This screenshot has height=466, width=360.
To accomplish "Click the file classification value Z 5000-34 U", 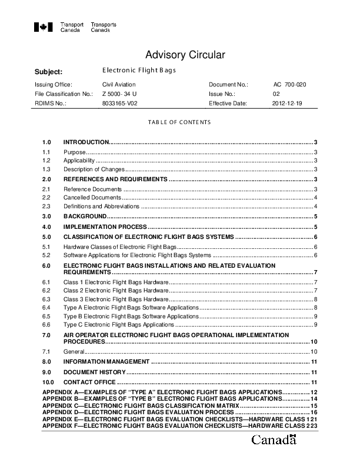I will tap(119, 94).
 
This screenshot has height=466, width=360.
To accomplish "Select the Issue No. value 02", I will tap(276, 94).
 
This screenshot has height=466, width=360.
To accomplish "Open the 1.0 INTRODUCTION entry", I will tap(86, 142).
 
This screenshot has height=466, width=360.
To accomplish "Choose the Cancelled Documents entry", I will tap(92, 198).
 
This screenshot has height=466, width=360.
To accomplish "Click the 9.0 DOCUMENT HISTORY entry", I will tap(94, 372).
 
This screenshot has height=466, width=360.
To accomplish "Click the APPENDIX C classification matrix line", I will tap(141, 406).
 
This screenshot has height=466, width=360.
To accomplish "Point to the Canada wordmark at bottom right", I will tap(274, 440).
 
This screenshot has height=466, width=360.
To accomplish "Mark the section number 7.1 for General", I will tap(46, 351).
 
